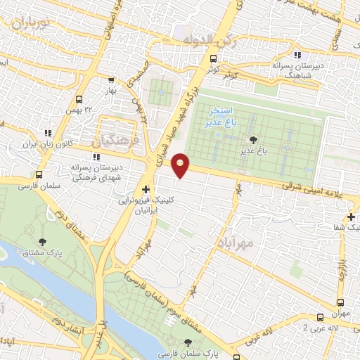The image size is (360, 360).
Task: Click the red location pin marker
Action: coord(181,165)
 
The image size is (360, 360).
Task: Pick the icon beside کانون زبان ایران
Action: coord(48,132)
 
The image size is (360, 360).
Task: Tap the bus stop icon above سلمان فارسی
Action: coord(37,175)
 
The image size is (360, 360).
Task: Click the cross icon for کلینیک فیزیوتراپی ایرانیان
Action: coord(146,189)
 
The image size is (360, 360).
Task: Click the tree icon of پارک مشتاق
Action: coord(43,242)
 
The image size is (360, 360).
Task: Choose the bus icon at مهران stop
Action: coord(321,317)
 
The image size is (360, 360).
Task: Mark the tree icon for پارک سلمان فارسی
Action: coord(186,342)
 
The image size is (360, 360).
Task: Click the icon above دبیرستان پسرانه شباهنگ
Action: coord(298,54)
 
